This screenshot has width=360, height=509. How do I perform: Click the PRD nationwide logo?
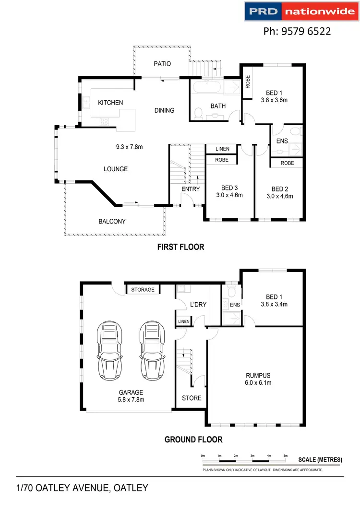click(300, 12)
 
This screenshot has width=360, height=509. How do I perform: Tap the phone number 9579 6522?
click(297, 32)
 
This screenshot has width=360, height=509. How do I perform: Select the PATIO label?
click(162, 64)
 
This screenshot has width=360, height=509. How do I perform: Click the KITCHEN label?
click(110, 103)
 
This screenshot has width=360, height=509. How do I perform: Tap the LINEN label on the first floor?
click(222, 149)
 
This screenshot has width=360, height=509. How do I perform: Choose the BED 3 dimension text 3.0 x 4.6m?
click(229, 195)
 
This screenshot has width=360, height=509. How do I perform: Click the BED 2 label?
click(280, 189)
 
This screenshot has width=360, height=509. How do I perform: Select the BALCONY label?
click(112, 221)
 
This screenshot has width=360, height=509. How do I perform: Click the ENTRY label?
click(191, 189)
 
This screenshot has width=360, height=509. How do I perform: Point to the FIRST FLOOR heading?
click(180, 247)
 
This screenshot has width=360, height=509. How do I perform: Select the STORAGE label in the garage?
click(143, 290)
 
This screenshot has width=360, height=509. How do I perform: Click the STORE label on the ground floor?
click(192, 398)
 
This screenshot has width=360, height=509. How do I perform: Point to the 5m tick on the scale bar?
click(285, 456)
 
